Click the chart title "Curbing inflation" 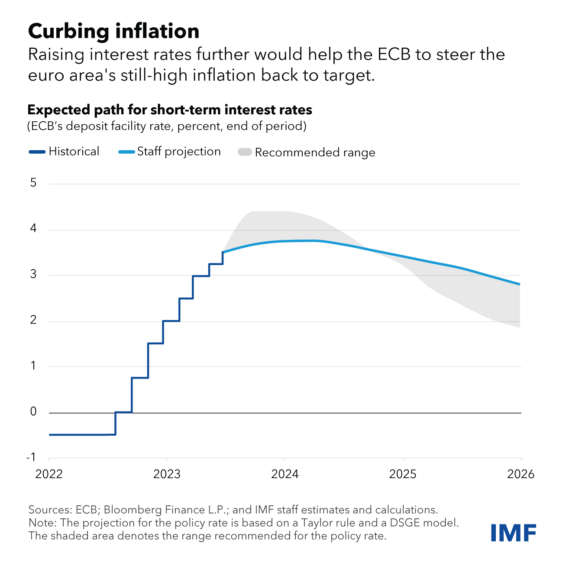113,31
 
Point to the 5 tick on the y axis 34,183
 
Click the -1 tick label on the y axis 32,457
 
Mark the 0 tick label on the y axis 34,412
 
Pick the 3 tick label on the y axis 34,275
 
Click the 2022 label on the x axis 49,474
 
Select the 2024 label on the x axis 285,474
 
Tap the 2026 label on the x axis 521,474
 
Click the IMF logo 514,532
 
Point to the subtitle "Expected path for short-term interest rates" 170,110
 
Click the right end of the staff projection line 520,284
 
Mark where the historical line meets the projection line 223,252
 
